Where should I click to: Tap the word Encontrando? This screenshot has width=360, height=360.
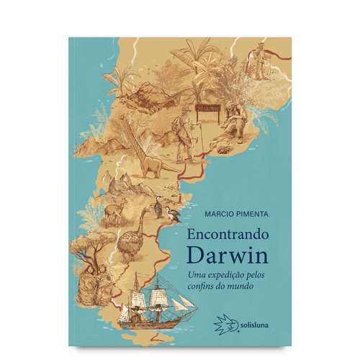226,235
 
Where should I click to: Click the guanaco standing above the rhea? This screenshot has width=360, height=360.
113,212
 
